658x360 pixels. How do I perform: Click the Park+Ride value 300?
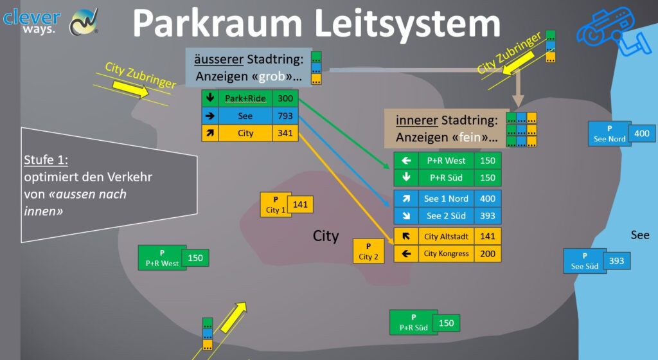(285, 98)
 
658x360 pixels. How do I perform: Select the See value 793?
(285, 116)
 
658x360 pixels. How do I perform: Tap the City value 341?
(285, 134)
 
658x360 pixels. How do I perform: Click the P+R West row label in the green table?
(446, 161)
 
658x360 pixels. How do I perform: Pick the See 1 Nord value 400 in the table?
(488, 199)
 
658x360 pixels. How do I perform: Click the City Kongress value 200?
(488, 254)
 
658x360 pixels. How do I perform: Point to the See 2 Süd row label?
(447, 216)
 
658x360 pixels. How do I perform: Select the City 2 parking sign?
(368, 251)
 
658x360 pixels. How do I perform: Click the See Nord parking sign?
(609, 134)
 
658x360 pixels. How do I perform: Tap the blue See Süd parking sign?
(585, 261)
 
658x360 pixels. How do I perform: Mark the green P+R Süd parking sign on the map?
(413, 322)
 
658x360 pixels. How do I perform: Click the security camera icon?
(605, 30)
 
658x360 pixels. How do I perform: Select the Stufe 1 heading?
(45, 160)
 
